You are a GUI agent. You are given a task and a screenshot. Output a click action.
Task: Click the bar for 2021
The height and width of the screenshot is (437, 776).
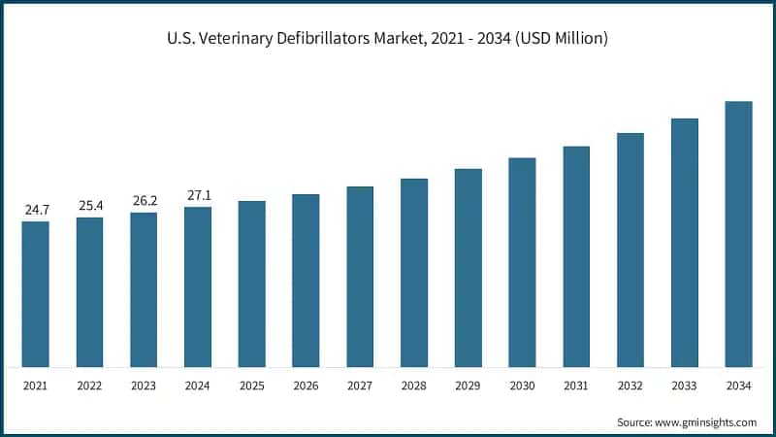click(x=35, y=294)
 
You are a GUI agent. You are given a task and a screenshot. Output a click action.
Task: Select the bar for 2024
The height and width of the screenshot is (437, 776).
click(x=198, y=287)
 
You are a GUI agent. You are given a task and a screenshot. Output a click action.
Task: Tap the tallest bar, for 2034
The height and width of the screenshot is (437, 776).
click(x=738, y=234)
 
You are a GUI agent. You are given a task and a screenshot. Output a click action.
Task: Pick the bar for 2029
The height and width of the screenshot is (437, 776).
click(x=469, y=268)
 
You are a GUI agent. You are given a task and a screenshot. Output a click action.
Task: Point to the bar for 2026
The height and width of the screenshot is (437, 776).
click(x=306, y=281)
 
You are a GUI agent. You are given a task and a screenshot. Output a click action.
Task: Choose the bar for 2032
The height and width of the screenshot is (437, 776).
click(x=630, y=251)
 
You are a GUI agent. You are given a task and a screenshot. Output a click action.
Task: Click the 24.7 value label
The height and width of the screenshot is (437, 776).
click(x=35, y=210)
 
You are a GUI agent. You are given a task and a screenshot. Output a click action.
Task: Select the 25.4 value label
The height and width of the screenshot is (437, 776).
click(x=89, y=206)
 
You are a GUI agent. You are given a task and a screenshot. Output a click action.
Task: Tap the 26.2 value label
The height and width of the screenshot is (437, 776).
click(x=144, y=201)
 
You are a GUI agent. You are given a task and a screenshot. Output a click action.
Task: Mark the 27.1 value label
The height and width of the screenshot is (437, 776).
click(x=198, y=195)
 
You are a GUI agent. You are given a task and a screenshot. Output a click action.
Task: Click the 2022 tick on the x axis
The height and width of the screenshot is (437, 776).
click(x=89, y=386)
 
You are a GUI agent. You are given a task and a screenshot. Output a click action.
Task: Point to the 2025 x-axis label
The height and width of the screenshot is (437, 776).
click(x=251, y=386)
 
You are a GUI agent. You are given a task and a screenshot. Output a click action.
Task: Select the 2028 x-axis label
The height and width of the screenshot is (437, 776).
click(x=414, y=386)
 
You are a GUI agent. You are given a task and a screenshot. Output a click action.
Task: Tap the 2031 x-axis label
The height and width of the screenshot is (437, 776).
click(x=576, y=386)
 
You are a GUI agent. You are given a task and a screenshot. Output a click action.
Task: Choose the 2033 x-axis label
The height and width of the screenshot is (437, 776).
click(x=685, y=386)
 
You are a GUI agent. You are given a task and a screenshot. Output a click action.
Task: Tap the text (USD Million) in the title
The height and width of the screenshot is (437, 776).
click(x=560, y=39)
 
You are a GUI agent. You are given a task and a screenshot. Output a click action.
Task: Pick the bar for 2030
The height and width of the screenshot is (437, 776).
click(x=522, y=262)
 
